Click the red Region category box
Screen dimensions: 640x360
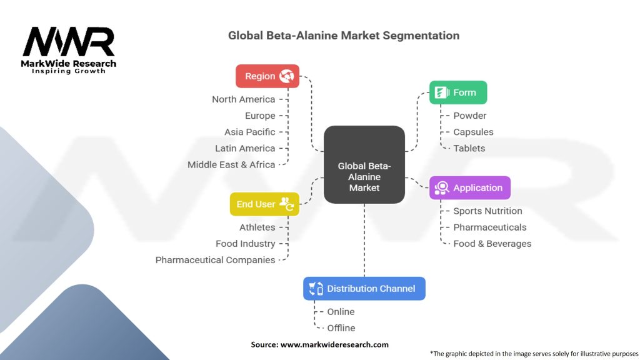coord(267,76)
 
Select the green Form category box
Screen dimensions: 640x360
coord(457,92)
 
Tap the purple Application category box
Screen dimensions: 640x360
coord(469,187)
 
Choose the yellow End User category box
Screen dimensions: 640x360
coord(264,204)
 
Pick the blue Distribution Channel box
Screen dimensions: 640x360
coord(364,288)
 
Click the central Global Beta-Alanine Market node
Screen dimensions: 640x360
coord(364,165)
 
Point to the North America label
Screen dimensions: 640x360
coord(243,99)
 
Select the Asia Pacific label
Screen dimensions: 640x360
coord(249,132)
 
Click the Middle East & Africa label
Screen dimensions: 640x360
coord(231,164)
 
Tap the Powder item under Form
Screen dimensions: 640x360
coord(469,116)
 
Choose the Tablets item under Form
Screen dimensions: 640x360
coord(469,148)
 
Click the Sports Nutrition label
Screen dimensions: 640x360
coord(487,211)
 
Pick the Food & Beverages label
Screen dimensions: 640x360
coord(492,244)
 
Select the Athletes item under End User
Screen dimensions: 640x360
coord(257,227)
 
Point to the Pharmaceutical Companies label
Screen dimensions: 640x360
coord(215,260)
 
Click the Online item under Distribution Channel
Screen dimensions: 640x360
coord(341,312)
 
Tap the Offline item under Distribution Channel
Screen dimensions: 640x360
coord(341,328)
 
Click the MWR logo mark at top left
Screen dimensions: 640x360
coord(69,42)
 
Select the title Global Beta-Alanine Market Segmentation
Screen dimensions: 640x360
coord(344,36)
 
